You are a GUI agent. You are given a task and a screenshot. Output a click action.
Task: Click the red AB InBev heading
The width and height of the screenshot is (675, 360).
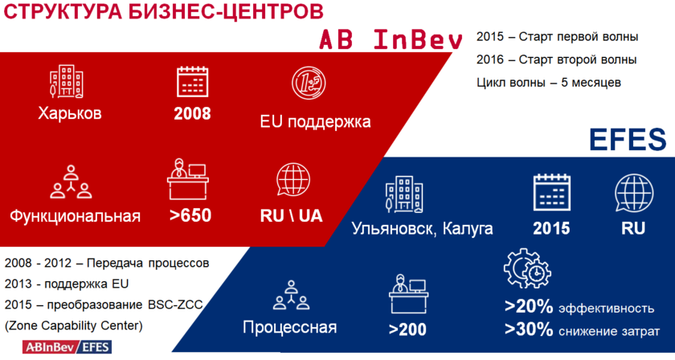click(391, 39)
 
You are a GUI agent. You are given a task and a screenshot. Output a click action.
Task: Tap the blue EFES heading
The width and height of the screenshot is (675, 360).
click(628, 140)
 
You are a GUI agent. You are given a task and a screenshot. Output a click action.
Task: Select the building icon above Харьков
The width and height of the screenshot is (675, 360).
click(67, 82)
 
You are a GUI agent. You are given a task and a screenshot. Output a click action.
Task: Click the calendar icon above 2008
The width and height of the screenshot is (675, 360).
click(192, 81)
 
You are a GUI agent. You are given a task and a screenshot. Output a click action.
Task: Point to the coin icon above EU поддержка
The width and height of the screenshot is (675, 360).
click(309, 84)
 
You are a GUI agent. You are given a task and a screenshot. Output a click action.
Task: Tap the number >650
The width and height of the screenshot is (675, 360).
click(190, 215)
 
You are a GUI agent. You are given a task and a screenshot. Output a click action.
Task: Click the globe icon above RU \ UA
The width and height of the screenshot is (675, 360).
click(293, 179)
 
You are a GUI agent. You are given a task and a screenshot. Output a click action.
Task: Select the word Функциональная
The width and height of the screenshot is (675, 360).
click(75, 215)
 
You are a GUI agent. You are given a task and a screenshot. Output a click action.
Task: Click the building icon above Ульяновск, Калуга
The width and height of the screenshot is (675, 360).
click(404, 194)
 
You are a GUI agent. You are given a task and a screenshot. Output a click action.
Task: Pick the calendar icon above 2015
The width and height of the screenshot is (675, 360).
click(552, 192)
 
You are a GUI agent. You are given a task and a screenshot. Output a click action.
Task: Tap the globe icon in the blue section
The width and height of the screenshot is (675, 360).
click(634, 193)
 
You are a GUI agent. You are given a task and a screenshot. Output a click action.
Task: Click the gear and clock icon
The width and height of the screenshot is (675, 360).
click(527, 268)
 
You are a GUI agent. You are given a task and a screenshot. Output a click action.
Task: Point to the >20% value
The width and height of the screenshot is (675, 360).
click(529, 307)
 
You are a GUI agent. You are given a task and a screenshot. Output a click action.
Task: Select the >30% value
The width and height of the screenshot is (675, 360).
click(529, 329)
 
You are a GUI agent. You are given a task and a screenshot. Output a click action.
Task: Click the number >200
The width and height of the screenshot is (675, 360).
click(407, 329)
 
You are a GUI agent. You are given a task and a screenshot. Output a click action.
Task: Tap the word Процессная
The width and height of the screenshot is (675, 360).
click(290, 328)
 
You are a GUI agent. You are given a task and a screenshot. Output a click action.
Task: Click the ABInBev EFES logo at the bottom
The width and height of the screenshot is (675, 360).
click(67, 347)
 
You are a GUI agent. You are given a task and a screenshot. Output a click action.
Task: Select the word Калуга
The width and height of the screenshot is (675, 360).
click(468, 229)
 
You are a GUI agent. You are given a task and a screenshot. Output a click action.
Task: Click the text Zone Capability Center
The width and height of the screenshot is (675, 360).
click(74, 325)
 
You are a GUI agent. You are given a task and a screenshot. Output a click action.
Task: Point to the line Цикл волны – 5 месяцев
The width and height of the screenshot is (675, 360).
click(549, 82)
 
